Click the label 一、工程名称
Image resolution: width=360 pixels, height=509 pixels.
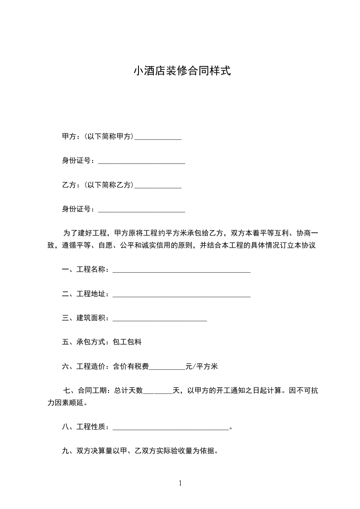coord(85,270)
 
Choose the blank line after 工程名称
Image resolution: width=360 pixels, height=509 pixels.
coord(181,271)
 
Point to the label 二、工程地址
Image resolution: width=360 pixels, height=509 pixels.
coord(85,294)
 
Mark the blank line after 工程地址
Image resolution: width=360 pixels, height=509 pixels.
coord(181,296)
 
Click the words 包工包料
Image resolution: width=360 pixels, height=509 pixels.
coord(127,342)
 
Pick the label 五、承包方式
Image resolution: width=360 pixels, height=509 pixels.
coord(85,342)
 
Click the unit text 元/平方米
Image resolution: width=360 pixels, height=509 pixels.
coord(202,367)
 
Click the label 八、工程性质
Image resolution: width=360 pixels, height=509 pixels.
coord(85,427)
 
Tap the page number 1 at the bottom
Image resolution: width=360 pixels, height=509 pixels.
coord(180,484)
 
